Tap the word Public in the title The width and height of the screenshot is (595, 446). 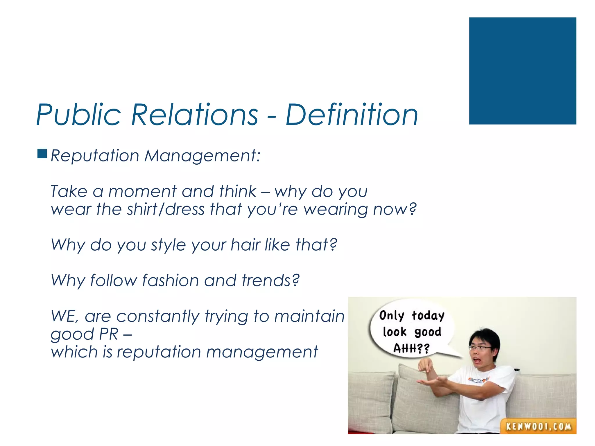78,115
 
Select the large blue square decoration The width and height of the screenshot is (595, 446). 522,71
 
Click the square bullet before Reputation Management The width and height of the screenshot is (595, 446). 42,154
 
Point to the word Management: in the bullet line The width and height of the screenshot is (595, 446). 202,156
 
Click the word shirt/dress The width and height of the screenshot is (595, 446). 166,209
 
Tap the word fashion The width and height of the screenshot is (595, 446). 170,280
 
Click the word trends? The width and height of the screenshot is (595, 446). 270,280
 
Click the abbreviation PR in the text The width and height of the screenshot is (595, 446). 109,334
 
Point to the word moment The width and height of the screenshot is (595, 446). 142,192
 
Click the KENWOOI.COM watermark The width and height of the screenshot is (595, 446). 538,426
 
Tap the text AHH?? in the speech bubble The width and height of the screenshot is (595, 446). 411,348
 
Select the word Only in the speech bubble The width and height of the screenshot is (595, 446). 392,316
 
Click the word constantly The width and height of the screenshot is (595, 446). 157,316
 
